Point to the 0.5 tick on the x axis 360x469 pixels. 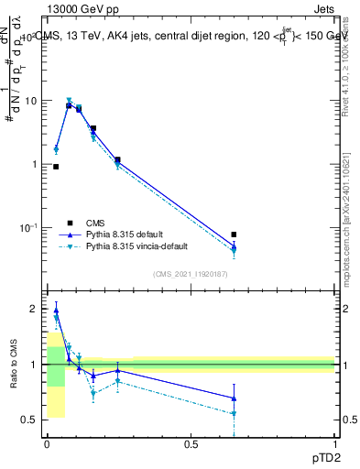point(191,443)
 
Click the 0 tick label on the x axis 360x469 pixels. point(47,443)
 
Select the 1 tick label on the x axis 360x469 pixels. point(334,443)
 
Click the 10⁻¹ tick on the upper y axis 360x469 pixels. point(28,226)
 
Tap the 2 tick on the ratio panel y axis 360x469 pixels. point(36,309)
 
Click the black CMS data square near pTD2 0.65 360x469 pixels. point(234,234)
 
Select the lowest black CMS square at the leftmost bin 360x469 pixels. point(56,167)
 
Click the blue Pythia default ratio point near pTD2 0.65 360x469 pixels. point(234,398)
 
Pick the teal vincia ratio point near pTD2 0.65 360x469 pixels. point(234,414)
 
